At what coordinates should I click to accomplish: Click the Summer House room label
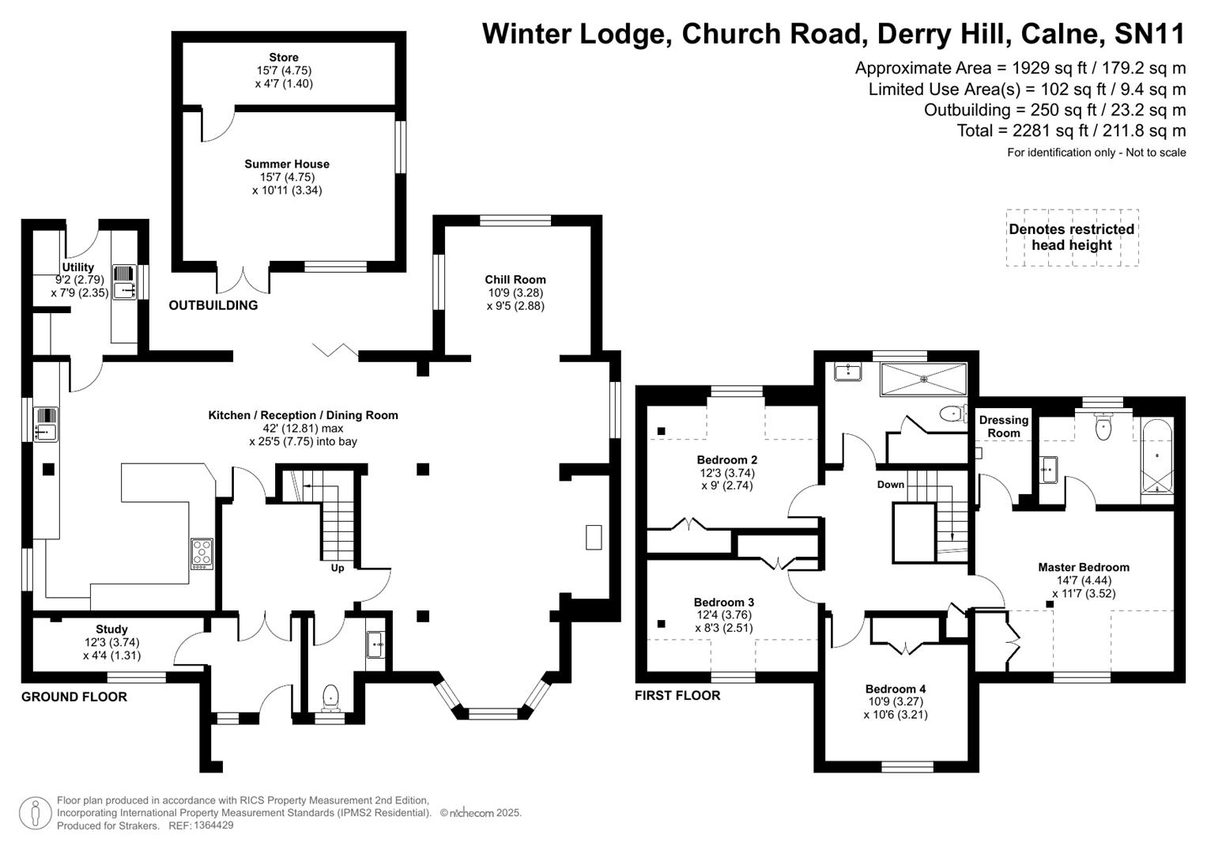286,164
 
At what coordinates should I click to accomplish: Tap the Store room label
283,58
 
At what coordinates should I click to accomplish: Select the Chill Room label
515,280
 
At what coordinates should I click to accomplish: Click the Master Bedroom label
1083,567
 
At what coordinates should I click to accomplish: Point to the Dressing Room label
1004,426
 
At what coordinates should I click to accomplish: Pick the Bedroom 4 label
895,689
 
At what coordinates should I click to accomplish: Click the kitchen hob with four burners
202,554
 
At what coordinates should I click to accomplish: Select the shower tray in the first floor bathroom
923,379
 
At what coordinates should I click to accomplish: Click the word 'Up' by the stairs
338,568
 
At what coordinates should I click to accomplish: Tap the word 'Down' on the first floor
890,485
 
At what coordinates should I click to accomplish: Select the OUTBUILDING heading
213,305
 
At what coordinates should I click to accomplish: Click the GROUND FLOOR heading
74,697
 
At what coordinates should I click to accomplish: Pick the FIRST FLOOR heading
677,695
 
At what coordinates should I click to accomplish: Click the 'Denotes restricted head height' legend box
1072,237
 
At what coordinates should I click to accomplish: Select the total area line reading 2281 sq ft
1071,130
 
